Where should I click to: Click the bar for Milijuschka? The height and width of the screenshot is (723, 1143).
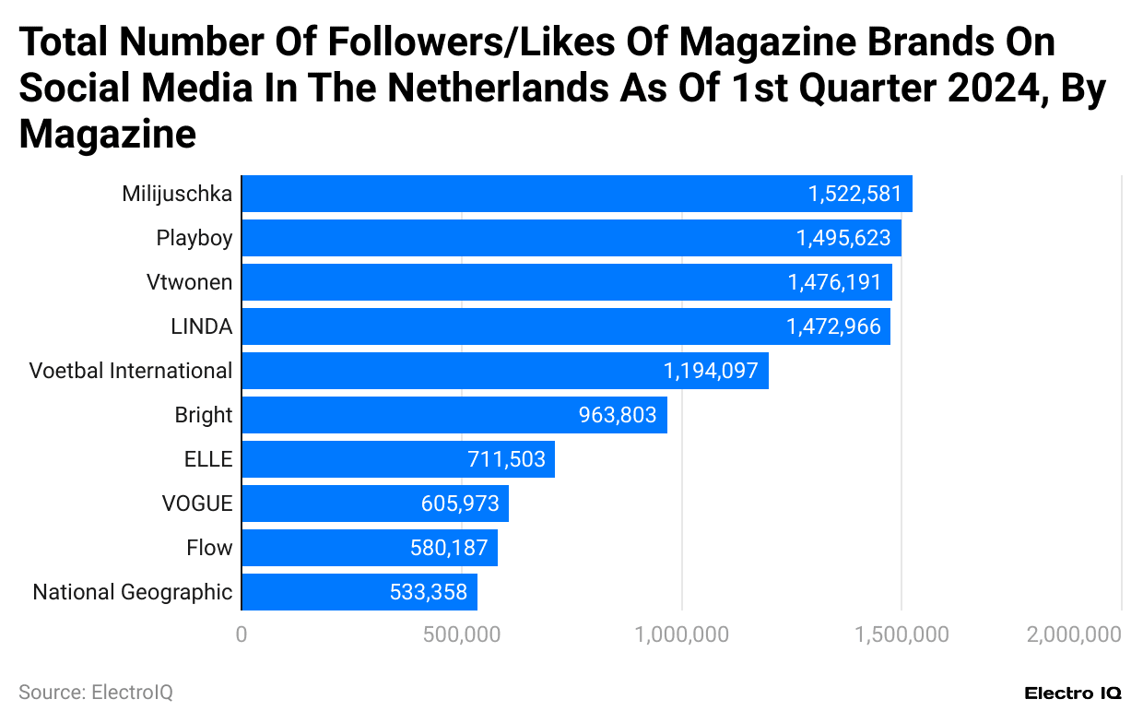pyautogui.click(x=576, y=194)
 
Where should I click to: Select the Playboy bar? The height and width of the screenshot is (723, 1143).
pyautogui.click(x=571, y=238)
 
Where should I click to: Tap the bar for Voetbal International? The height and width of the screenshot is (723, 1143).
pyautogui.click(x=504, y=371)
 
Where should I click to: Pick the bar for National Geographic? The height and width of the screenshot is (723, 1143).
pyautogui.click(x=359, y=592)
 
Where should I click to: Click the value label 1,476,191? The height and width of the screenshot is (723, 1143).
pyautogui.click(x=834, y=282)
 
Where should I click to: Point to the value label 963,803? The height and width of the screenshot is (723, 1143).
pyautogui.click(x=617, y=415)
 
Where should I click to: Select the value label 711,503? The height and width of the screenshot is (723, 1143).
pyautogui.click(x=506, y=459)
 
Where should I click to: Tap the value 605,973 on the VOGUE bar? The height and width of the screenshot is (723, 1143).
pyautogui.click(x=460, y=504)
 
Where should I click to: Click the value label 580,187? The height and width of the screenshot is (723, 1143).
pyautogui.click(x=449, y=548)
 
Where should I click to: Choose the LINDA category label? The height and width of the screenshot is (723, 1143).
pyautogui.click(x=201, y=326)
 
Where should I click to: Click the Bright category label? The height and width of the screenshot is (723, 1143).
pyautogui.click(x=203, y=415)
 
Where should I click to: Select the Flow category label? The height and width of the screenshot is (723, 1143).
pyautogui.click(x=209, y=548)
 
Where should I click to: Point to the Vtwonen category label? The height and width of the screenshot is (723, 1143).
pyautogui.click(x=189, y=282)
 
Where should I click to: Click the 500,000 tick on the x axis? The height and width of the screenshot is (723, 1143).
pyautogui.click(x=461, y=634)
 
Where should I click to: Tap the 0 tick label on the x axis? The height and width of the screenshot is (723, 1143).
pyautogui.click(x=242, y=634)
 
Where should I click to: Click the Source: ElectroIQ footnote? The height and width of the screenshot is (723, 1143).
pyautogui.click(x=96, y=692)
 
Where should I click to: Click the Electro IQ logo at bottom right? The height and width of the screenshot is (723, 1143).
pyautogui.click(x=1072, y=693)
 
